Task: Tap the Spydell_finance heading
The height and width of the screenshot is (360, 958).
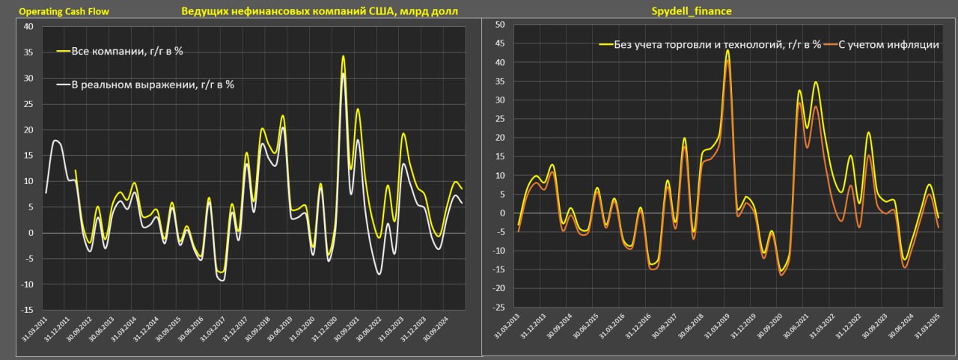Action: point(692,12)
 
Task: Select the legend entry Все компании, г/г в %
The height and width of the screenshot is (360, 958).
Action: point(126,52)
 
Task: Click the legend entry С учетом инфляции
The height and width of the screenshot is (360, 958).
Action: point(888,45)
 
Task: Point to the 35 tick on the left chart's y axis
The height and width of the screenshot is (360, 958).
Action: point(29,53)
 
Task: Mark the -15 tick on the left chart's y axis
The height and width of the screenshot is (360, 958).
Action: point(28,310)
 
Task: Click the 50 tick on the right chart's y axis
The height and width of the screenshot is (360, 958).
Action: point(499,25)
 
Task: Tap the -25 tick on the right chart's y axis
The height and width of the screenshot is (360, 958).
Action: point(498,308)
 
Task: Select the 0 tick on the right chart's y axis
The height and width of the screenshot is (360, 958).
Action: point(502,213)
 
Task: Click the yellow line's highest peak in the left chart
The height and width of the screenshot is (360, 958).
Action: point(343,56)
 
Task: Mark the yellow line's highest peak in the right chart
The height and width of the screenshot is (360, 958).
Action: point(727,51)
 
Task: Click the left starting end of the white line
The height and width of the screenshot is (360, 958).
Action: point(46,192)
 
